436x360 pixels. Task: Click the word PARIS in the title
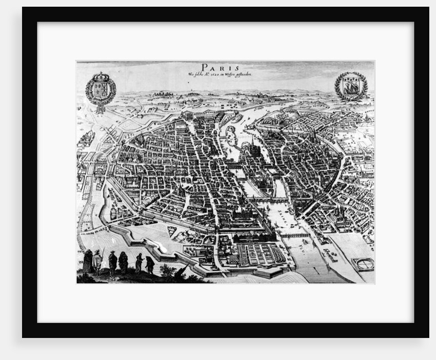pyautogui.click(x=219, y=67)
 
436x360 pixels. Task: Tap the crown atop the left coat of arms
pyautogui.click(x=101, y=76)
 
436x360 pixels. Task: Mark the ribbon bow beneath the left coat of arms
pyautogui.click(x=101, y=108)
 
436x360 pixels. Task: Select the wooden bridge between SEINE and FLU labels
pyautogui.click(x=295, y=236)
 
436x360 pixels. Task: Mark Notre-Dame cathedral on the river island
pyautogui.click(x=252, y=150)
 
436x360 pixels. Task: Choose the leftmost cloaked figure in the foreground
pyautogui.click(x=88, y=261)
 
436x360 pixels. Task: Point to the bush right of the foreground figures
pyautogui.click(x=167, y=271)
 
